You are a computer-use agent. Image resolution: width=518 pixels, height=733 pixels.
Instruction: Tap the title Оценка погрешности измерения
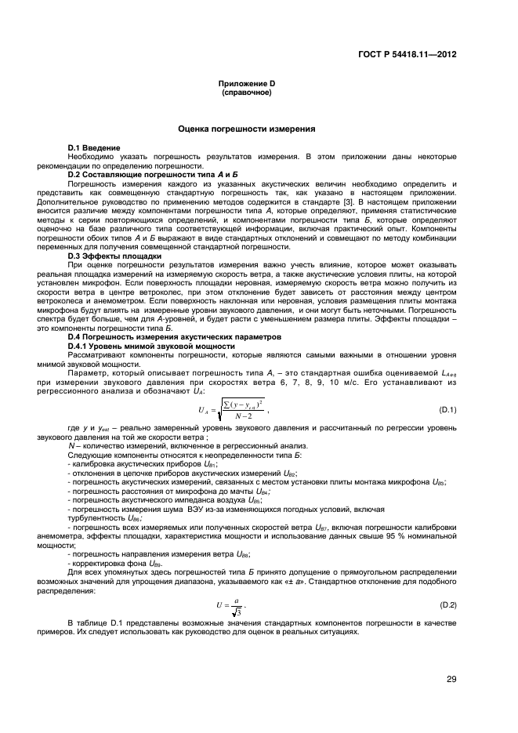click(246, 127)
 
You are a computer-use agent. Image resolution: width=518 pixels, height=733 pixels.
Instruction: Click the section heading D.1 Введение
click(93, 147)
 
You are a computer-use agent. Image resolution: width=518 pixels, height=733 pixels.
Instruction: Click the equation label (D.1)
click(447, 410)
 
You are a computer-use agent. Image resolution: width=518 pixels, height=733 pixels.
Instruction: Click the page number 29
click(451, 679)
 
